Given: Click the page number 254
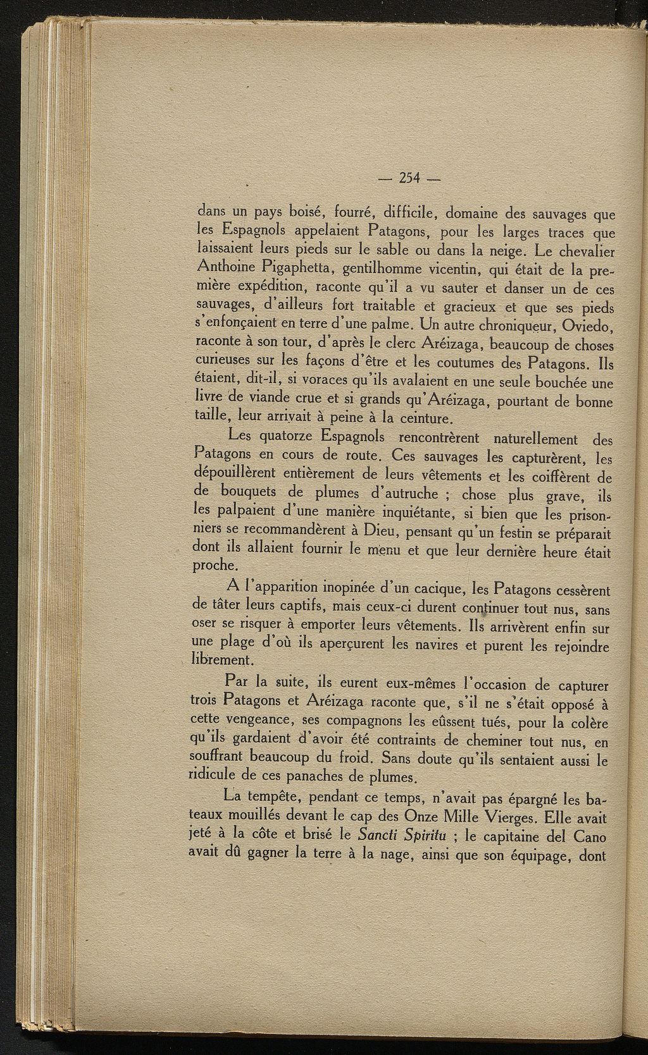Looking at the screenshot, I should click(411, 178).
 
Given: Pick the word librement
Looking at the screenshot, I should click(221, 661).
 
